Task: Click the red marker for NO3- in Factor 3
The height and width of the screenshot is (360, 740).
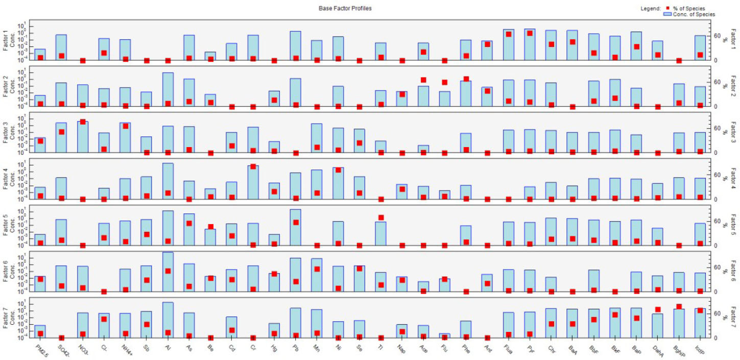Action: coord(83,122)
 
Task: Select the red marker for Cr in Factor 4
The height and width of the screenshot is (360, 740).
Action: coord(253,166)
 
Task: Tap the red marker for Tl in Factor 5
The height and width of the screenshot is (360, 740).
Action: coord(380,218)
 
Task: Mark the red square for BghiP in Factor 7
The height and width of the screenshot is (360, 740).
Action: coord(679,307)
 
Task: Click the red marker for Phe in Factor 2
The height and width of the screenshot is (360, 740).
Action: coord(466,79)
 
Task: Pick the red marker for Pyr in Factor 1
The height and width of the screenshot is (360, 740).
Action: coord(530,33)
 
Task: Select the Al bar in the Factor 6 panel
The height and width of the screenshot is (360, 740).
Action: coord(168,272)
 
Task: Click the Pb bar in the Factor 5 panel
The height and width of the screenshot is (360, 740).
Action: coord(295,227)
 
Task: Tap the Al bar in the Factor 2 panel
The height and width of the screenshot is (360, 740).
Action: coord(168,89)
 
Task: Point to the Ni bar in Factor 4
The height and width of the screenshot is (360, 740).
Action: coord(338,183)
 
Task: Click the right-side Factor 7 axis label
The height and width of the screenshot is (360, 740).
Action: coord(734,319)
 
